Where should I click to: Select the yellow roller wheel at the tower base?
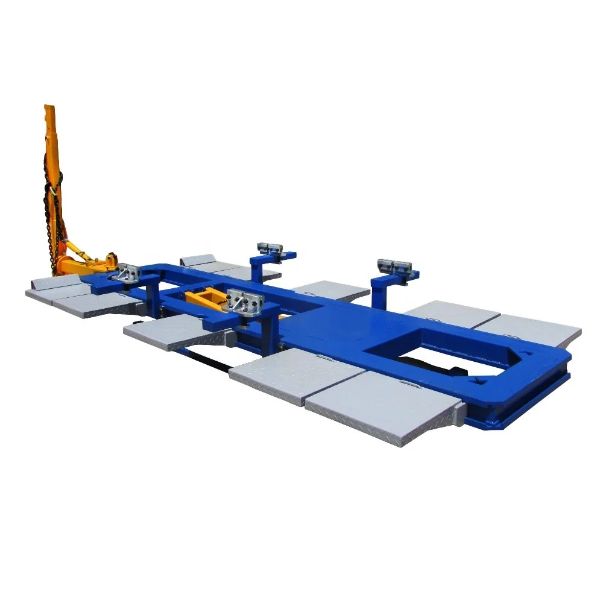(110, 261)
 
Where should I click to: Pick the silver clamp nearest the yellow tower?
(128, 273)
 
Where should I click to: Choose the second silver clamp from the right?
(270, 248)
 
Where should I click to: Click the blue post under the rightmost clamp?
(380, 292)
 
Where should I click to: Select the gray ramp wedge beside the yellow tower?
(57, 282)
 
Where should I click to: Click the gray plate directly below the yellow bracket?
(169, 330)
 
